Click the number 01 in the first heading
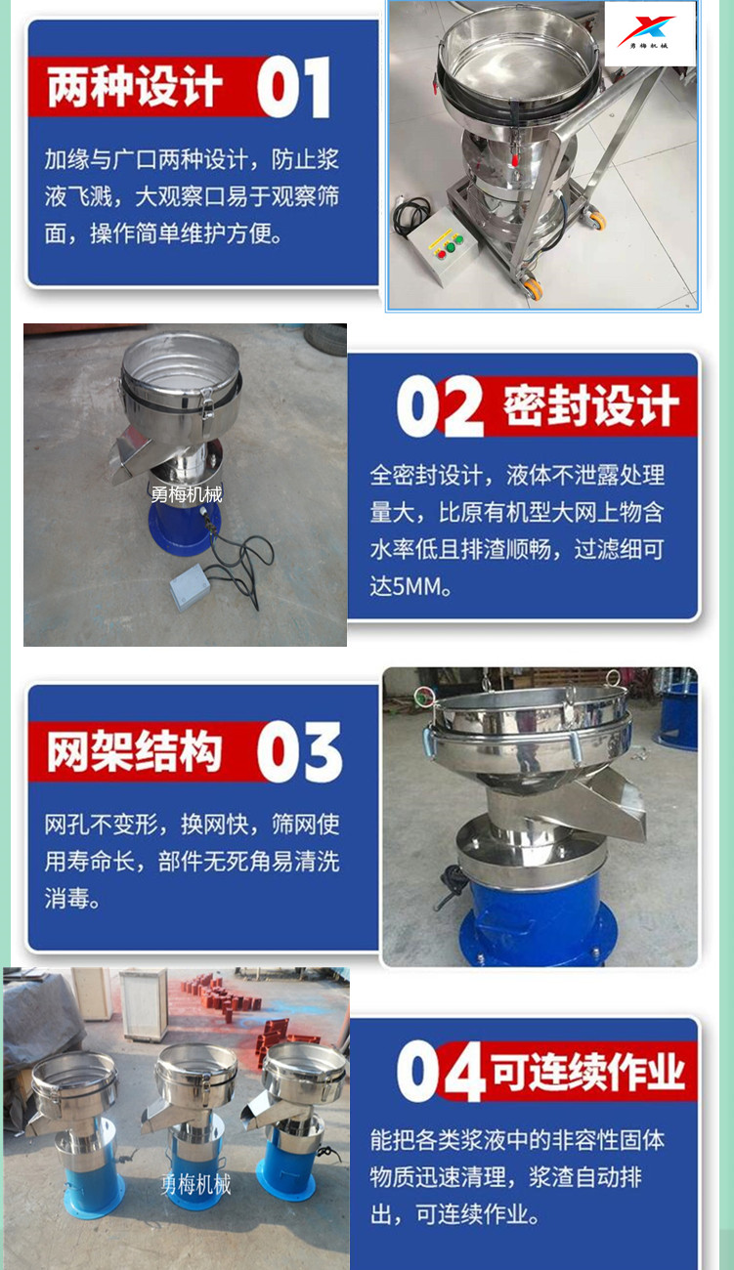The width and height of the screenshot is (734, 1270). [294, 87]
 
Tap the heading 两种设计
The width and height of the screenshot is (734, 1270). [134, 86]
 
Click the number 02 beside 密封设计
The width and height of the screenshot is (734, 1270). [440, 406]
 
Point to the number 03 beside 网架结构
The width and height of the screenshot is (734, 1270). [299, 752]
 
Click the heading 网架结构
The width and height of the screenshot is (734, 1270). [134, 751]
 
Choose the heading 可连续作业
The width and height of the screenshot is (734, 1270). [587, 1071]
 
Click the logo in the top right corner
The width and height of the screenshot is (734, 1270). [650, 33]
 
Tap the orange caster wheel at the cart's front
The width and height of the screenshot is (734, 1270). [532, 287]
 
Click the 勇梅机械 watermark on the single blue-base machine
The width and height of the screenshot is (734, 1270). [186, 495]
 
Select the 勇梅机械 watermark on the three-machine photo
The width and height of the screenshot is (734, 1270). [195, 1185]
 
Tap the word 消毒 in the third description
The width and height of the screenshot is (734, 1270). [66, 898]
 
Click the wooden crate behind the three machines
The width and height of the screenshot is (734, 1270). [144, 1004]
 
